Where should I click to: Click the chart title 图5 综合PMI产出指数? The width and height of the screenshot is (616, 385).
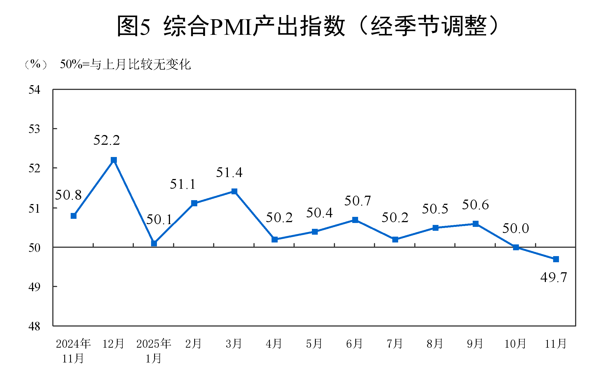[307, 26]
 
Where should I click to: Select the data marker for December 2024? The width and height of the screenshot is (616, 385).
[114, 160]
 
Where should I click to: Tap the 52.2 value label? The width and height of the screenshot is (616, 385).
[107, 140]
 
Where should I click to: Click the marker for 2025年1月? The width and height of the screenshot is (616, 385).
[154, 243]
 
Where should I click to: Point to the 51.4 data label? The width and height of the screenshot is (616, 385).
[229, 173]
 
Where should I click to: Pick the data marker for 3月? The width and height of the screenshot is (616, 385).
[234, 191]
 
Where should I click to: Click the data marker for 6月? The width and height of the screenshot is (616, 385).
[355, 220]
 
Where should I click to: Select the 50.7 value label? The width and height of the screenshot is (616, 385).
[358, 201]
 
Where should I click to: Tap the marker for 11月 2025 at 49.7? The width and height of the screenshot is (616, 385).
[556, 259]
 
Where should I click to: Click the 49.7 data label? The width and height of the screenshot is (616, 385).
[553, 278]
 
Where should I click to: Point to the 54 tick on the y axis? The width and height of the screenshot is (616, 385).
[35, 90]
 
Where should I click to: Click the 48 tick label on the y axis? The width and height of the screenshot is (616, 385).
[35, 326]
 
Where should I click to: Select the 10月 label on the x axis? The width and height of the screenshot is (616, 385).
[515, 344]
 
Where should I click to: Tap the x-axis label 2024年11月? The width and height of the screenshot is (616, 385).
[73, 351]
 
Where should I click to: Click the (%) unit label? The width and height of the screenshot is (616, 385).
[36, 64]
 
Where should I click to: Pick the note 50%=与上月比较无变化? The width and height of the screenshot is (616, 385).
[125, 65]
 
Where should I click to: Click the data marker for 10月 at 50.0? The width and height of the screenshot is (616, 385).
[516, 247]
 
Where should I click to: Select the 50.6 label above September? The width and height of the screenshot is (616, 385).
[475, 205]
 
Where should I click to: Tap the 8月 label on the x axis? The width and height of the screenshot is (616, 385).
[435, 344]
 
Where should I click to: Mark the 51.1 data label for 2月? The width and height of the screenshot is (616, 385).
[183, 184]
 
